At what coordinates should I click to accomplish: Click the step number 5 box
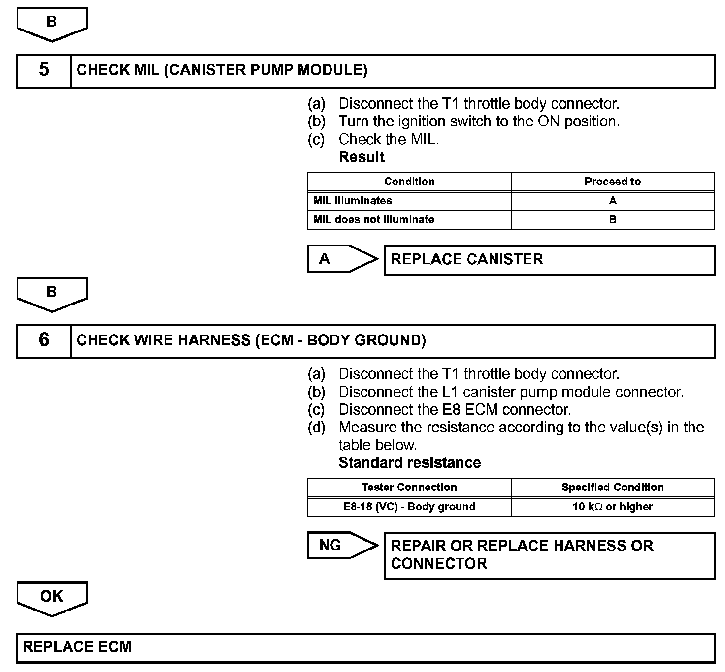44,71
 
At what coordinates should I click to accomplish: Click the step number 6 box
44,340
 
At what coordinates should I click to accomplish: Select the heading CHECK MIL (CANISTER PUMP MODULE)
222,70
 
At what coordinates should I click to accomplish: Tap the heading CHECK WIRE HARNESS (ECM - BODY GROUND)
251,340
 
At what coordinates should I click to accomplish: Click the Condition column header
409,182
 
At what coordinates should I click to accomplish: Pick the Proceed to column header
613,182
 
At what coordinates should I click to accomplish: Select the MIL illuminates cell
409,201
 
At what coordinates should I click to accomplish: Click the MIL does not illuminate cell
409,220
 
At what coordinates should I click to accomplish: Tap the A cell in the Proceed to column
613,201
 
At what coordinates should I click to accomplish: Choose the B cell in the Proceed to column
613,220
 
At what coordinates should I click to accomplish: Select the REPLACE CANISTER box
549,260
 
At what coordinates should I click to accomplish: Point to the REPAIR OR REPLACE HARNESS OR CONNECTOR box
549,555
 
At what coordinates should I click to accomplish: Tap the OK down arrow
52,598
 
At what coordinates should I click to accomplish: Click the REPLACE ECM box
365,647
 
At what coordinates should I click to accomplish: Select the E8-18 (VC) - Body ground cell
409,507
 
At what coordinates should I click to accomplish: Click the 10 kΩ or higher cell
613,507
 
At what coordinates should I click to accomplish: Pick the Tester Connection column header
409,488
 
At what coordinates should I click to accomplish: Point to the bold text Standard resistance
409,463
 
